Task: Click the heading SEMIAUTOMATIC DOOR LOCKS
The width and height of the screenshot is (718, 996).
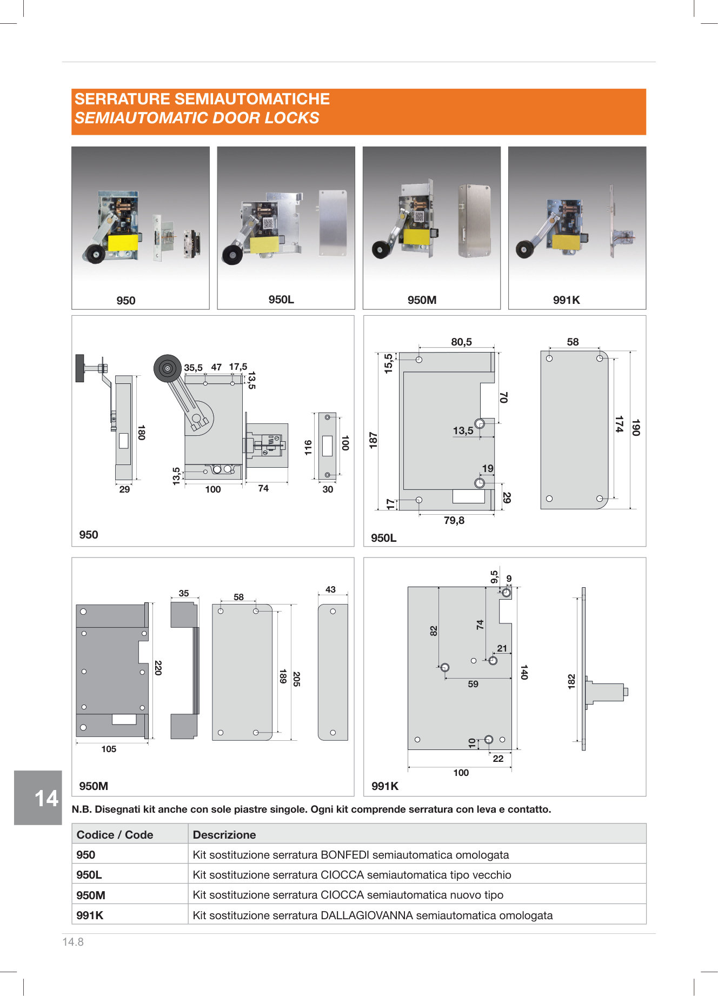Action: point(197,118)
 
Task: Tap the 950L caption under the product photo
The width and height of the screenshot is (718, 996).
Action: point(281,300)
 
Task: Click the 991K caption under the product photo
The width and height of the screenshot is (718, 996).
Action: point(566,300)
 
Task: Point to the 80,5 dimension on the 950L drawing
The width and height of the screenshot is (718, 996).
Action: point(461,342)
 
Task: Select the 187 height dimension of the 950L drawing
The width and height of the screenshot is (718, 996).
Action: point(373,440)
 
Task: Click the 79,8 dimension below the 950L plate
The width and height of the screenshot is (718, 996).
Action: point(454,520)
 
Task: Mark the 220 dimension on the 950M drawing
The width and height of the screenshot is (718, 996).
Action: point(158,668)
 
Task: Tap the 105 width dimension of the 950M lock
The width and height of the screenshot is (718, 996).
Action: point(109,749)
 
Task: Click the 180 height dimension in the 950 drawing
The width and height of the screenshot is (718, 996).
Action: point(141,433)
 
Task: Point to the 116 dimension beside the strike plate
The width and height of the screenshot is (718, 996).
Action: point(308,448)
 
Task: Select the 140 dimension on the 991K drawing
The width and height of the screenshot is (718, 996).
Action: point(524,672)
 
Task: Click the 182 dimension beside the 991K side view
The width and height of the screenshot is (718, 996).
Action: point(571,681)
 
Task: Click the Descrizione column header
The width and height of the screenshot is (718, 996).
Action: point(224,834)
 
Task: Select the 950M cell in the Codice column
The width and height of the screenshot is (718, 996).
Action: point(91,895)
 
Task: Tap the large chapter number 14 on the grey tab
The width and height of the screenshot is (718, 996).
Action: point(46,799)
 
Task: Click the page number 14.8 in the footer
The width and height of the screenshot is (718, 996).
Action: point(73,942)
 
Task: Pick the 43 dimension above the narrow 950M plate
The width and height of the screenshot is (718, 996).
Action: point(330,589)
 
